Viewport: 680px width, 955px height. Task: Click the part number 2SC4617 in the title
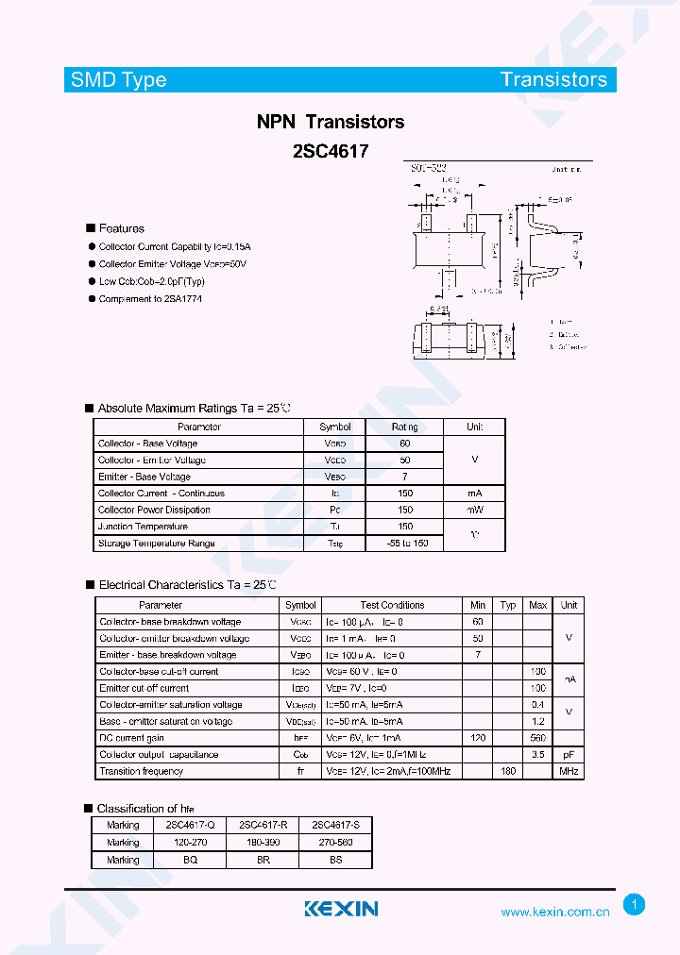[331, 150]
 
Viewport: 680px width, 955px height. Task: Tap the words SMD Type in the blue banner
[119, 80]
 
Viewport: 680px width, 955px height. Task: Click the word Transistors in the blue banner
[553, 80]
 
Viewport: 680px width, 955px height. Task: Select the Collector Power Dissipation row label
[154, 510]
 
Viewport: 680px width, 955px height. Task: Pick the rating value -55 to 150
[405, 544]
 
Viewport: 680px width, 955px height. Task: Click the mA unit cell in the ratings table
[474, 494]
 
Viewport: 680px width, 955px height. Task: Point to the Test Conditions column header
[392, 605]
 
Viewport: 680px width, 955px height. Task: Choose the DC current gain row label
[132, 738]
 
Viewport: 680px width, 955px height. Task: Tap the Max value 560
[538, 738]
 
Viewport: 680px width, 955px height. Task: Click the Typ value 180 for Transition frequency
[508, 771]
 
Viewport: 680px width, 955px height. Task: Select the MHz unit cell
[569, 771]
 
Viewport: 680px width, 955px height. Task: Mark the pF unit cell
[569, 755]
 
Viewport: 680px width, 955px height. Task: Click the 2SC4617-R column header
[263, 825]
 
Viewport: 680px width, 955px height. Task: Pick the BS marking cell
[335, 860]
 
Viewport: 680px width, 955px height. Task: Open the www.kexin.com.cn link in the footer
[554, 913]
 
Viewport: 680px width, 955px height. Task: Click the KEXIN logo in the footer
[341, 909]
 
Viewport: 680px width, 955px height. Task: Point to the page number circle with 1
[635, 905]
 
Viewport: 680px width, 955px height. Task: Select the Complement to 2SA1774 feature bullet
[150, 299]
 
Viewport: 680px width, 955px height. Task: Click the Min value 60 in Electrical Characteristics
[478, 622]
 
